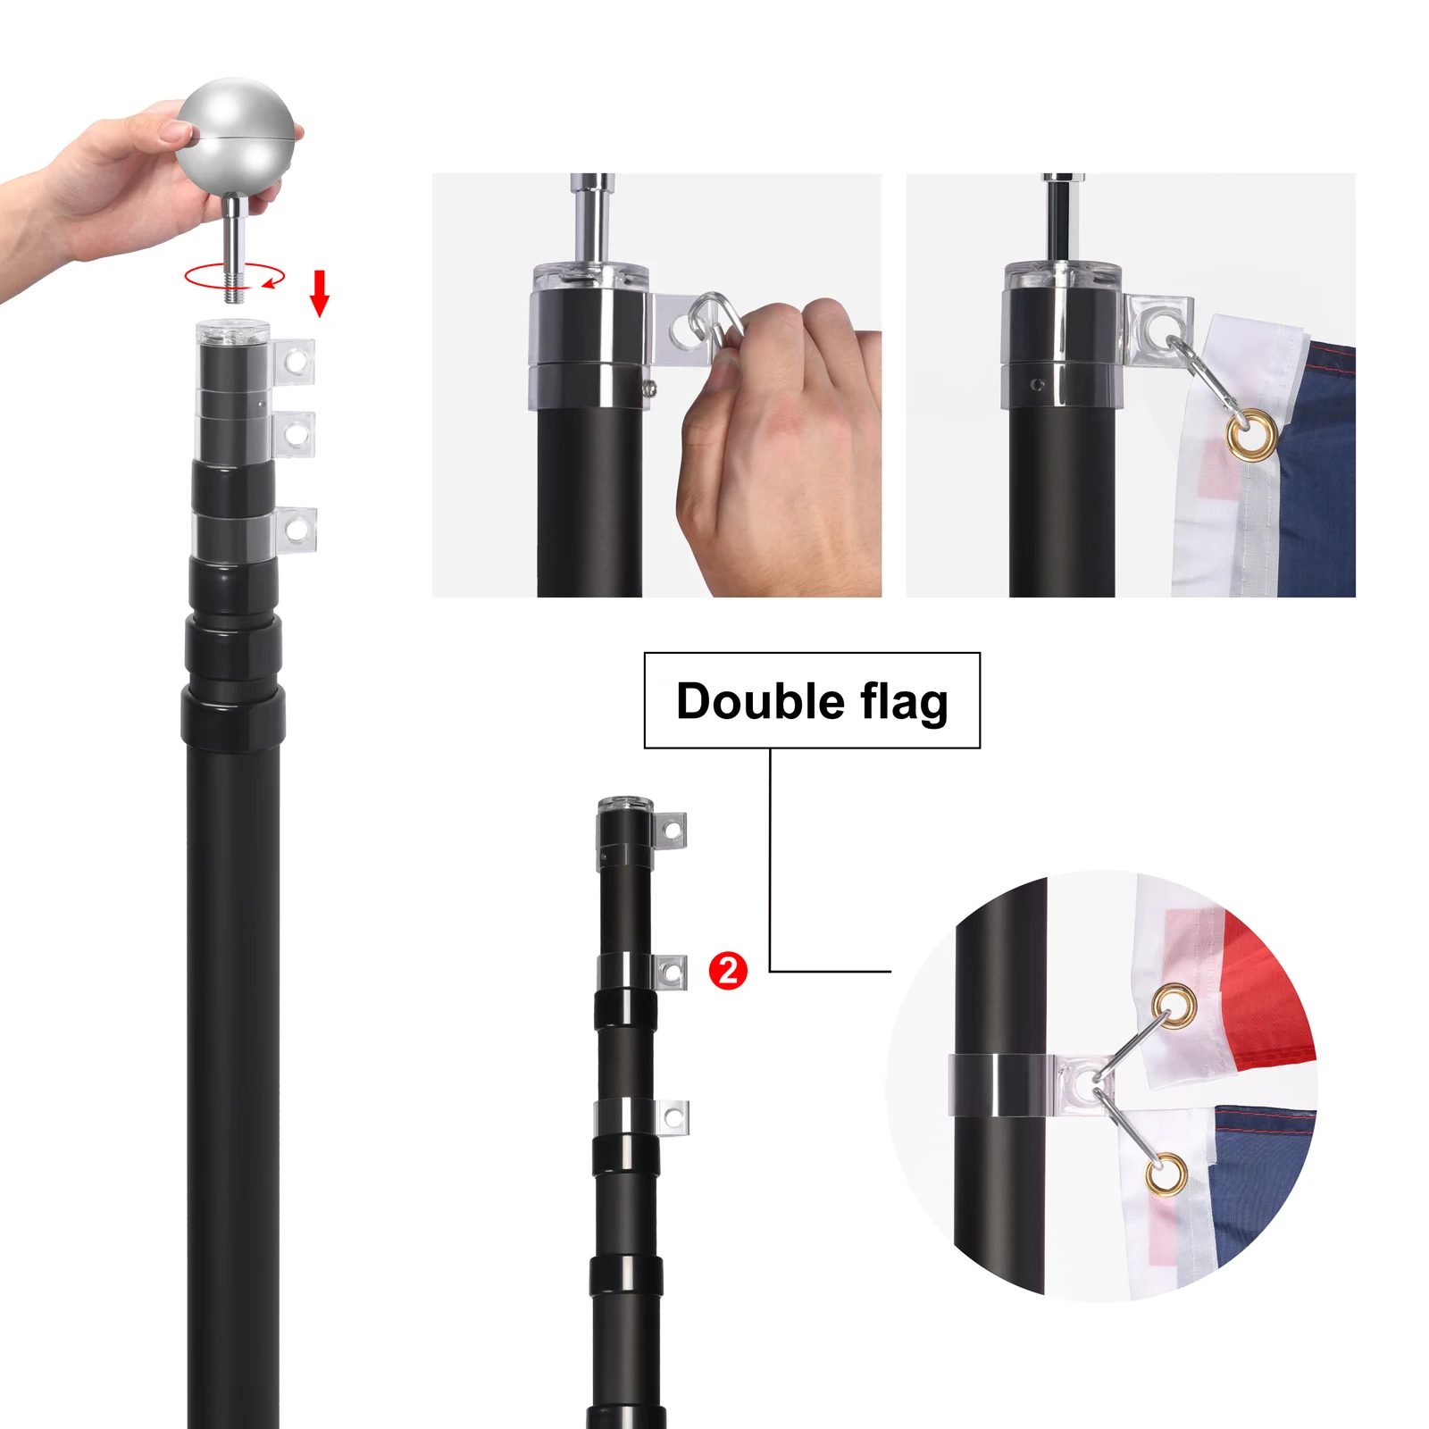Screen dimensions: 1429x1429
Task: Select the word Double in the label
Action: coord(759,701)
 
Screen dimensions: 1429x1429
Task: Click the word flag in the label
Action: coord(904,701)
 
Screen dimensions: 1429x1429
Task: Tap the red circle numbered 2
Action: coord(728,971)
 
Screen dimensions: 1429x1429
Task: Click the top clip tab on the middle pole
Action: coord(672,831)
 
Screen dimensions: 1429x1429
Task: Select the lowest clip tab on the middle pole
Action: coord(673,1116)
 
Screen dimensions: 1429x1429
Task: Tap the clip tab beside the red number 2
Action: coord(672,972)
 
